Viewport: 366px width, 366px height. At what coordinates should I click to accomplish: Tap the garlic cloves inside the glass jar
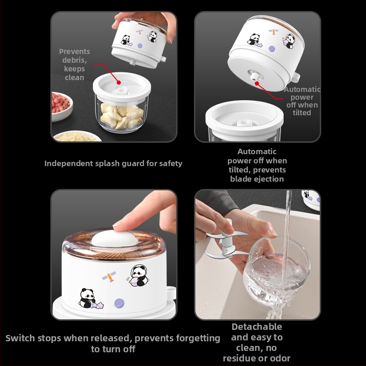point(121,117)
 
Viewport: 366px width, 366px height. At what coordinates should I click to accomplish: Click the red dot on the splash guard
point(118,82)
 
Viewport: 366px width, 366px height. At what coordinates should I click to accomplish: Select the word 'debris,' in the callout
point(75,60)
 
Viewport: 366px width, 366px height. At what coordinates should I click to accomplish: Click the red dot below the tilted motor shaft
point(257,83)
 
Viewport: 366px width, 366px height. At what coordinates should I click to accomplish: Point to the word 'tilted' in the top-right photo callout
point(302,113)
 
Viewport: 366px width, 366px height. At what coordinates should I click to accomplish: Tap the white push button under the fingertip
point(114,238)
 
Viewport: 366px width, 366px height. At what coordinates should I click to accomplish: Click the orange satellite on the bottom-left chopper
point(109,276)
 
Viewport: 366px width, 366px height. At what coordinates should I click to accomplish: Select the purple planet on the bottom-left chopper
point(119,303)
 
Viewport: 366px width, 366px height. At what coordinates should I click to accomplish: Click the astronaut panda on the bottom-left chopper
point(139,275)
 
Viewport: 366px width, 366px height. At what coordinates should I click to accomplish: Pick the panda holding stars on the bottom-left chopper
point(89,299)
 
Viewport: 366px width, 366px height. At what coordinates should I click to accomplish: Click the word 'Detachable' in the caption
point(257,327)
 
